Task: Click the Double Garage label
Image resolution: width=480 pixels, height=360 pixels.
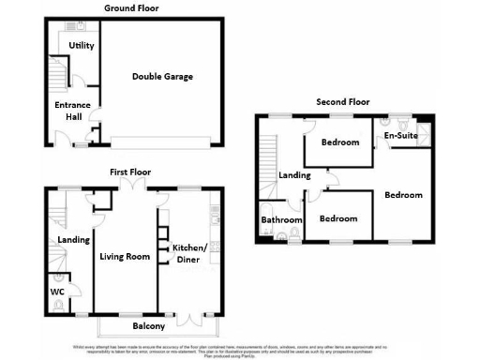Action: click(162, 76)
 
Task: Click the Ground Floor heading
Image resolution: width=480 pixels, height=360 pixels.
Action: click(130, 7)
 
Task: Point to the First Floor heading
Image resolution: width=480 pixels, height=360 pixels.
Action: click(130, 172)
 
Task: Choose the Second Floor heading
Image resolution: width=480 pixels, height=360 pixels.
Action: click(343, 101)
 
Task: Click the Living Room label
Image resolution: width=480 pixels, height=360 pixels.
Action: click(125, 255)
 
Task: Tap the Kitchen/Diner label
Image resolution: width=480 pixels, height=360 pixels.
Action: click(190, 253)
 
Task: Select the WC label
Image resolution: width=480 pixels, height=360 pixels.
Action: click(56, 292)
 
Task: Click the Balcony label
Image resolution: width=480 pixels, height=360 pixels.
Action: click(148, 326)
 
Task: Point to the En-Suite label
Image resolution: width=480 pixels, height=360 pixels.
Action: click(400, 137)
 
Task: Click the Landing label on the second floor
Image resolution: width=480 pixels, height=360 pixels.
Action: click(294, 175)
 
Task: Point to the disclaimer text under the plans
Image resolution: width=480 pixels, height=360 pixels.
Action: click(240, 347)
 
